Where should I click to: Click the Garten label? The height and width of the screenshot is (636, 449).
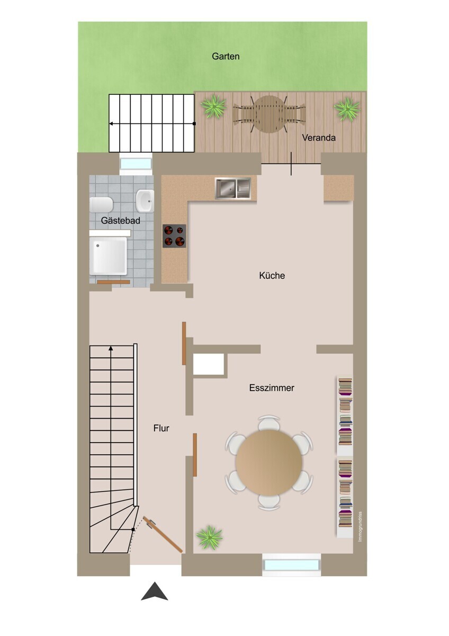pyautogui.click(x=226, y=56)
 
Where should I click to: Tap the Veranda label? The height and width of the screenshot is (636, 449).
pyautogui.click(x=319, y=138)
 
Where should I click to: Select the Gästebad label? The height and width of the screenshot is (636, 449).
pyautogui.click(x=121, y=220)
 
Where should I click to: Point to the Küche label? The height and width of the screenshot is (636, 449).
pyautogui.click(x=272, y=276)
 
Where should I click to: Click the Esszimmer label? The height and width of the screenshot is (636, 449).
pyautogui.click(x=272, y=387)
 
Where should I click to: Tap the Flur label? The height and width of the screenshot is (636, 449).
pyautogui.click(x=161, y=428)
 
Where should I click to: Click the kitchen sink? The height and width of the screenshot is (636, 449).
pyautogui.click(x=233, y=188)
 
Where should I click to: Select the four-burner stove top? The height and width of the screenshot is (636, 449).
pyautogui.click(x=174, y=236)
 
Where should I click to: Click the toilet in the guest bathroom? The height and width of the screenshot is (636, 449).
pyautogui.click(x=101, y=205)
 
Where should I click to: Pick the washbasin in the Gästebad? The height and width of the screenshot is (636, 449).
pyautogui.click(x=145, y=200)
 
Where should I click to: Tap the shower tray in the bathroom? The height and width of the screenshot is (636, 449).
pyautogui.click(x=109, y=256)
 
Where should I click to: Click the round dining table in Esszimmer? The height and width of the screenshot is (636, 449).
pyautogui.click(x=269, y=463)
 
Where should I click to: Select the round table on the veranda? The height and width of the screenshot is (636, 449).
pyautogui.click(x=269, y=114)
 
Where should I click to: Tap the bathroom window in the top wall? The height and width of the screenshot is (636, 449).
pyautogui.click(x=136, y=164)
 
